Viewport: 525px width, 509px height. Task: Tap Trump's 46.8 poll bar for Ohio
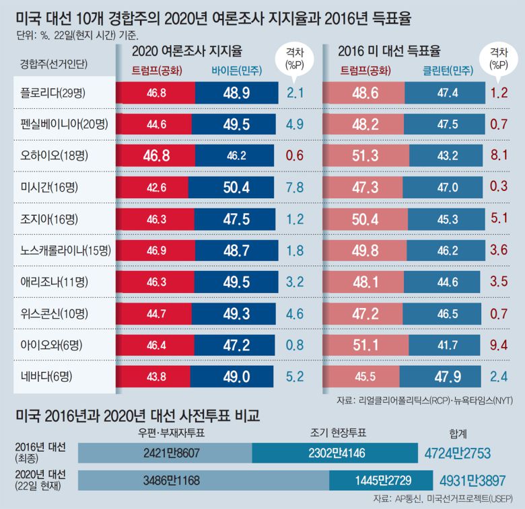coord(154,155)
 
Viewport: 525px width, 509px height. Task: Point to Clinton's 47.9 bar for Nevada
coord(442,376)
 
